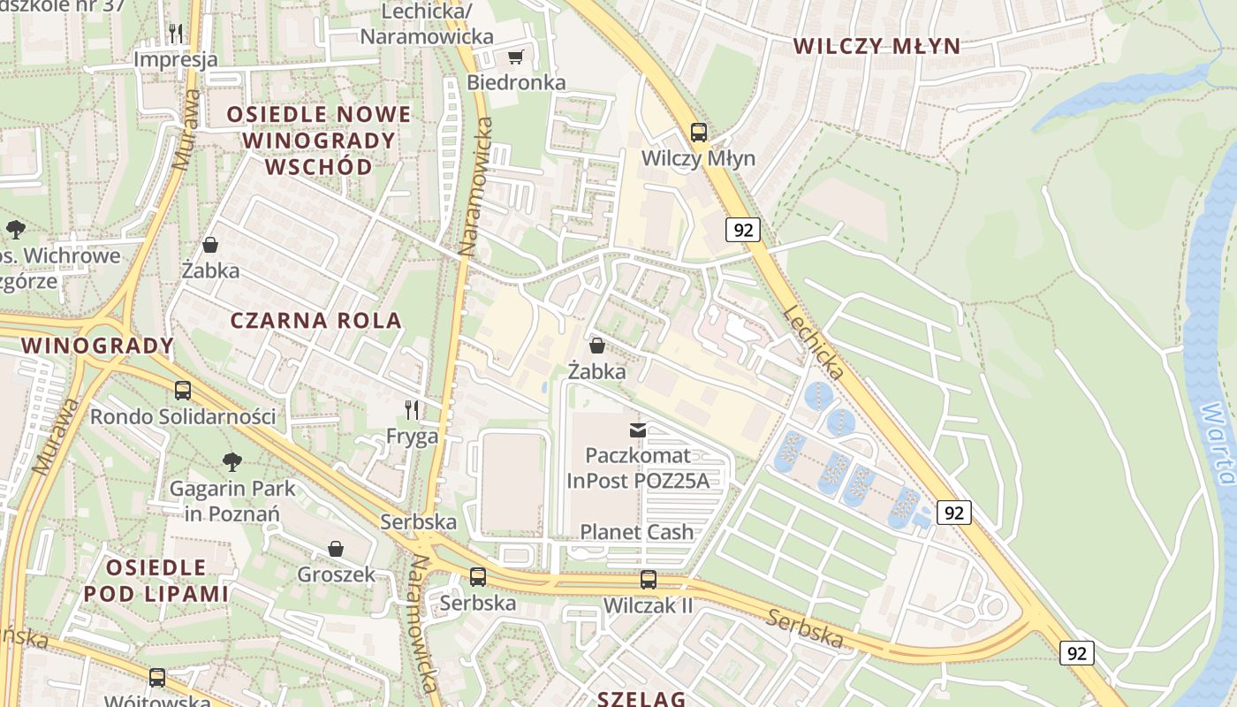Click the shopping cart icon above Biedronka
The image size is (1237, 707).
pos(515,57)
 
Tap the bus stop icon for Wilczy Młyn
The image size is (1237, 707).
pos(699,133)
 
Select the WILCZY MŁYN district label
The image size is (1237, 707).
pos(877,47)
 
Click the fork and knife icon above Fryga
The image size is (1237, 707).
pos(412,410)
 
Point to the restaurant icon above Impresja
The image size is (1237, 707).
pos(176,34)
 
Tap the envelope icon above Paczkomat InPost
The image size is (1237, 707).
pos(637,430)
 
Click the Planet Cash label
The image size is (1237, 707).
pos(636,532)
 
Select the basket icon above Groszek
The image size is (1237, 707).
pos(335,549)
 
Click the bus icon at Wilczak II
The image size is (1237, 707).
pos(649,580)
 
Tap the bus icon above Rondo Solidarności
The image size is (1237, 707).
pos(183,390)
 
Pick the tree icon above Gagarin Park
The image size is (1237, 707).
pos(232,461)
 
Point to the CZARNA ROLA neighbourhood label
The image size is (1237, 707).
pos(316,321)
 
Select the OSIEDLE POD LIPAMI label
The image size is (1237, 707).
pos(156,581)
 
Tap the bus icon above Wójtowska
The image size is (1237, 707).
pos(157,678)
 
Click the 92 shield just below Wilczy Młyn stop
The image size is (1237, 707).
pos(743,230)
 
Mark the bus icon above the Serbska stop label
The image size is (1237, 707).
pos(478,577)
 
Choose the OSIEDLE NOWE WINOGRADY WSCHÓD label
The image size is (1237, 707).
pos(319,141)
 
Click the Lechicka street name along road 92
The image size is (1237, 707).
pos(814,343)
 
